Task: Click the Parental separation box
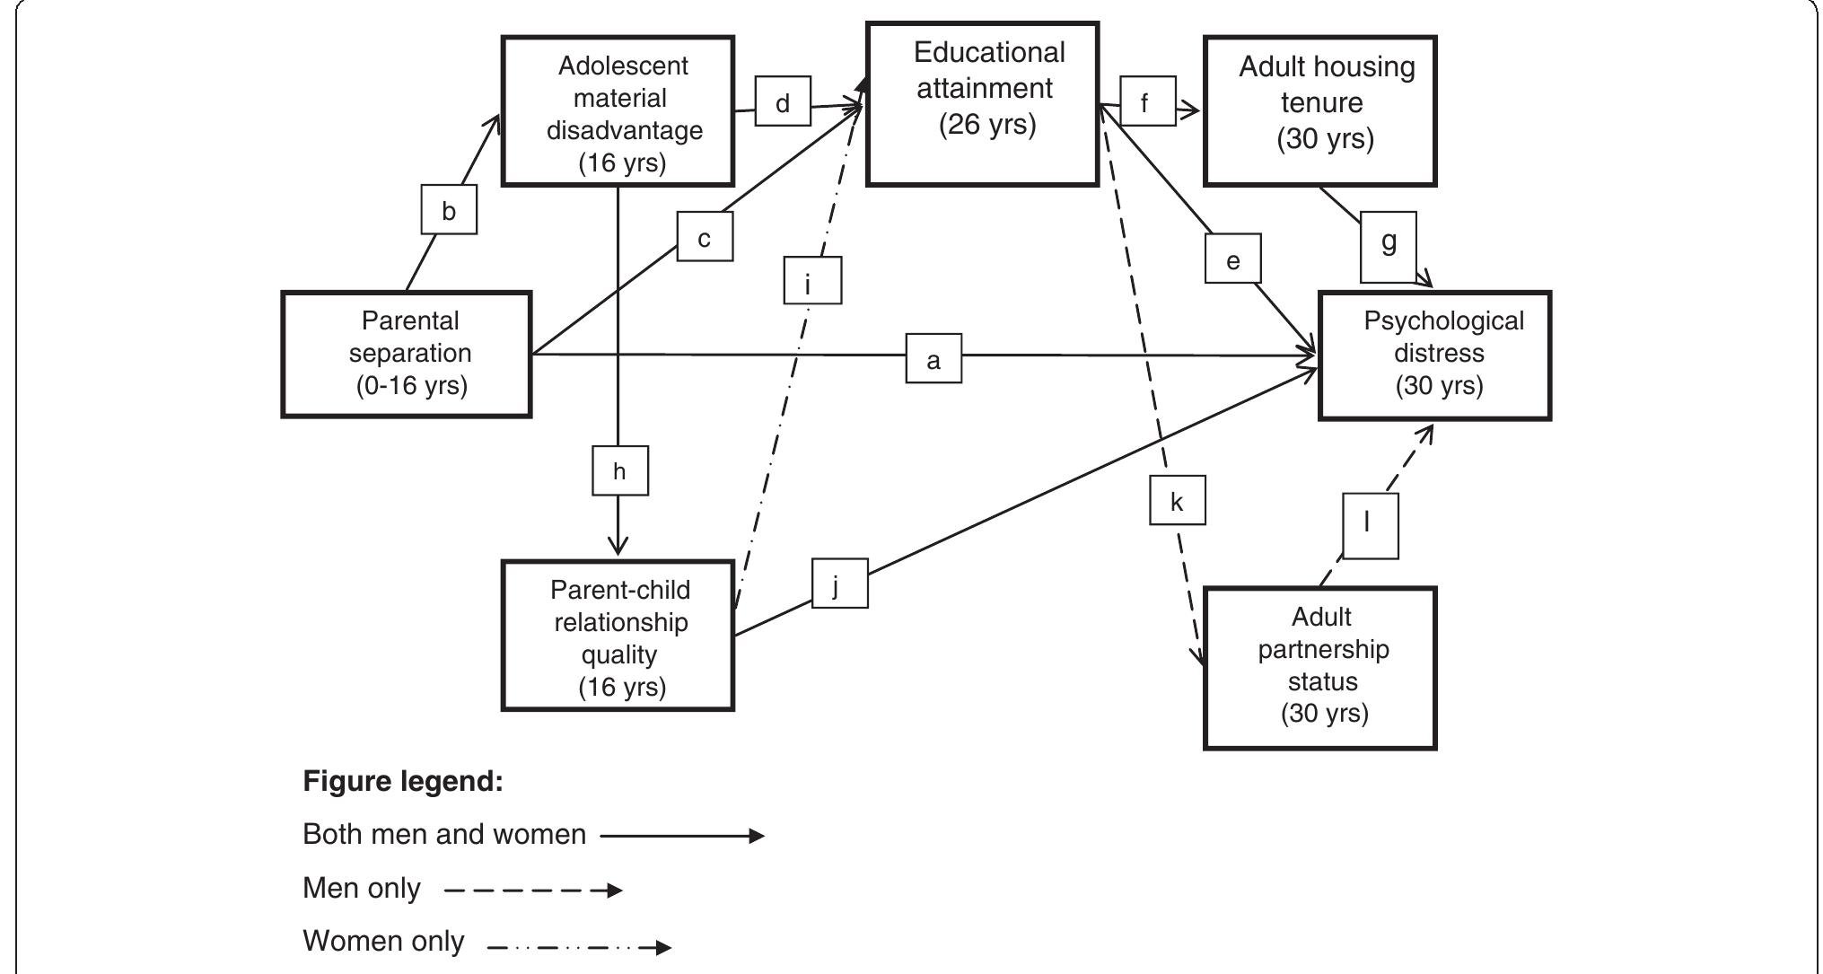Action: [407, 354]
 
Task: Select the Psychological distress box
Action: [1434, 355]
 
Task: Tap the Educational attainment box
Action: [983, 104]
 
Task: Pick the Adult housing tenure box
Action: [1320, 110]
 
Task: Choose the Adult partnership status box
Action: [1320, 668]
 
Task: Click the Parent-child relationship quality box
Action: [618, 636]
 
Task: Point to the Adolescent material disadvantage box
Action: [618, 111]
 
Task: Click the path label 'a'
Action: [933, 359]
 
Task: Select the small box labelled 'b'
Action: [449, 210]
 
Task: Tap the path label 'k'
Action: [1177, 500]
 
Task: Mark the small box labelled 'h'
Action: [619, 470]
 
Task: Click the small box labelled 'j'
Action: [839, 584]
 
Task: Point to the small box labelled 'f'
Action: [1147, 101]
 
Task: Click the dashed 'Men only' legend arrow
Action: [532, 891]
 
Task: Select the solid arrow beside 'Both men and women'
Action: [682, 836]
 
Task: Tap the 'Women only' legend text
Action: [383, 941]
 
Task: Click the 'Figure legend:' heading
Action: [403, 781]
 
